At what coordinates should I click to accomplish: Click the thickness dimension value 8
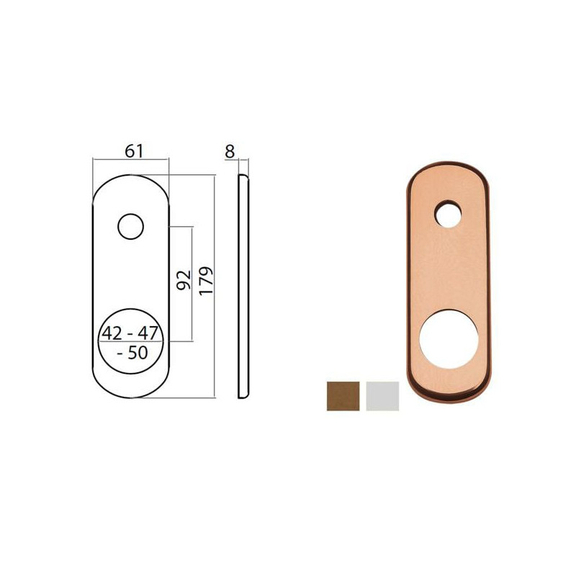(230, 150)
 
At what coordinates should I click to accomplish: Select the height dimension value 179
(207, 284)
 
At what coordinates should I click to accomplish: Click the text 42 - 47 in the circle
(130, 334)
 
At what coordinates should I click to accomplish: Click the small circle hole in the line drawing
(130, 227)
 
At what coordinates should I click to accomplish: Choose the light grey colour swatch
(382, 396)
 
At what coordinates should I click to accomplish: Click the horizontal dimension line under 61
(130, 160)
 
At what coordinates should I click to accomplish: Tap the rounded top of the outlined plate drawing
(130, 175)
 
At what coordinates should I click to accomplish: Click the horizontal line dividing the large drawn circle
(130, 343)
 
